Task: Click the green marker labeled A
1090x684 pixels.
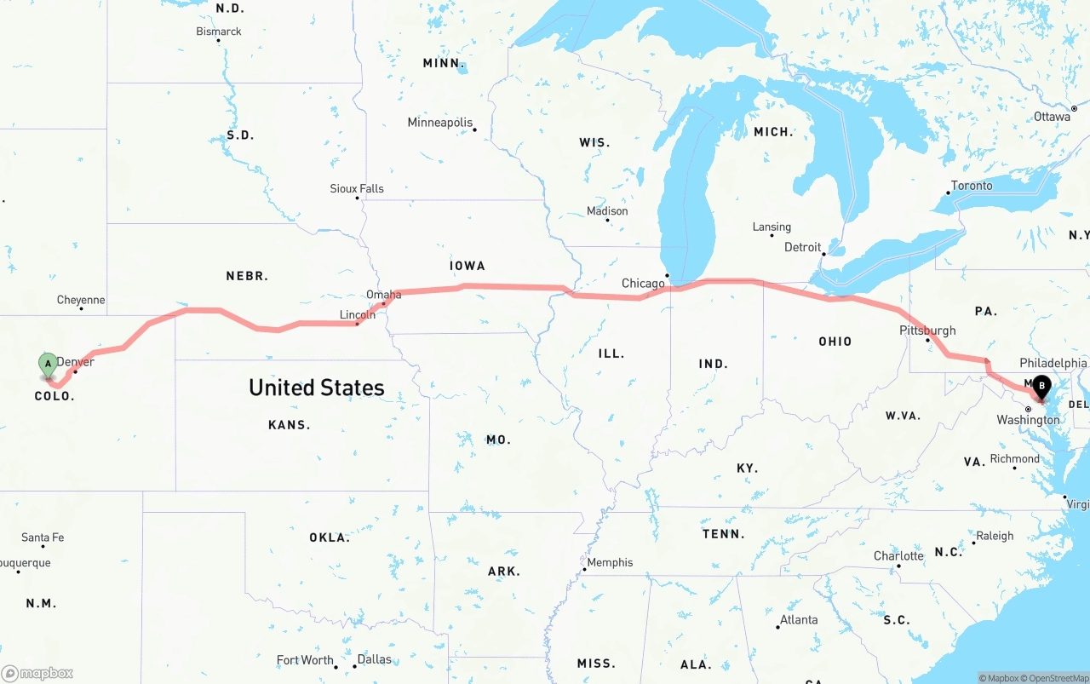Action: point(49,365)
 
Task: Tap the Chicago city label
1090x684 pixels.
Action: point(643,284)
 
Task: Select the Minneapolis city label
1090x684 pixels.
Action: point(439,123)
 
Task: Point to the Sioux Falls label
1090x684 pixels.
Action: point(357,188)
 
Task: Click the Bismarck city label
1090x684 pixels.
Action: point(219,32)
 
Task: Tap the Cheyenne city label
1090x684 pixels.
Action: point(81,300)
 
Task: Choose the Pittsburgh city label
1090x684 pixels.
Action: point(927,331)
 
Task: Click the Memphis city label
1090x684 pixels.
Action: point(610,562)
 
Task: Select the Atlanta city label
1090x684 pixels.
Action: point(799,619)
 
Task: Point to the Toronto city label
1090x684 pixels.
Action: point(972,186)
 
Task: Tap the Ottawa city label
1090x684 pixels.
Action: point(1052,117)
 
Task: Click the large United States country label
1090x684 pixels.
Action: point(317,388)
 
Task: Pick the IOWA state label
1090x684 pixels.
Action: point(467,266)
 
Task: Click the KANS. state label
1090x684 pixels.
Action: point(289,424)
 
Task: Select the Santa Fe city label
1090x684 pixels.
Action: point(43,537)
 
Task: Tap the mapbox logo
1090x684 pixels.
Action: point(37,673)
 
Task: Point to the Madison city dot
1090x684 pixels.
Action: point(607,221)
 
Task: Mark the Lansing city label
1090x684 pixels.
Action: point(772,227)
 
